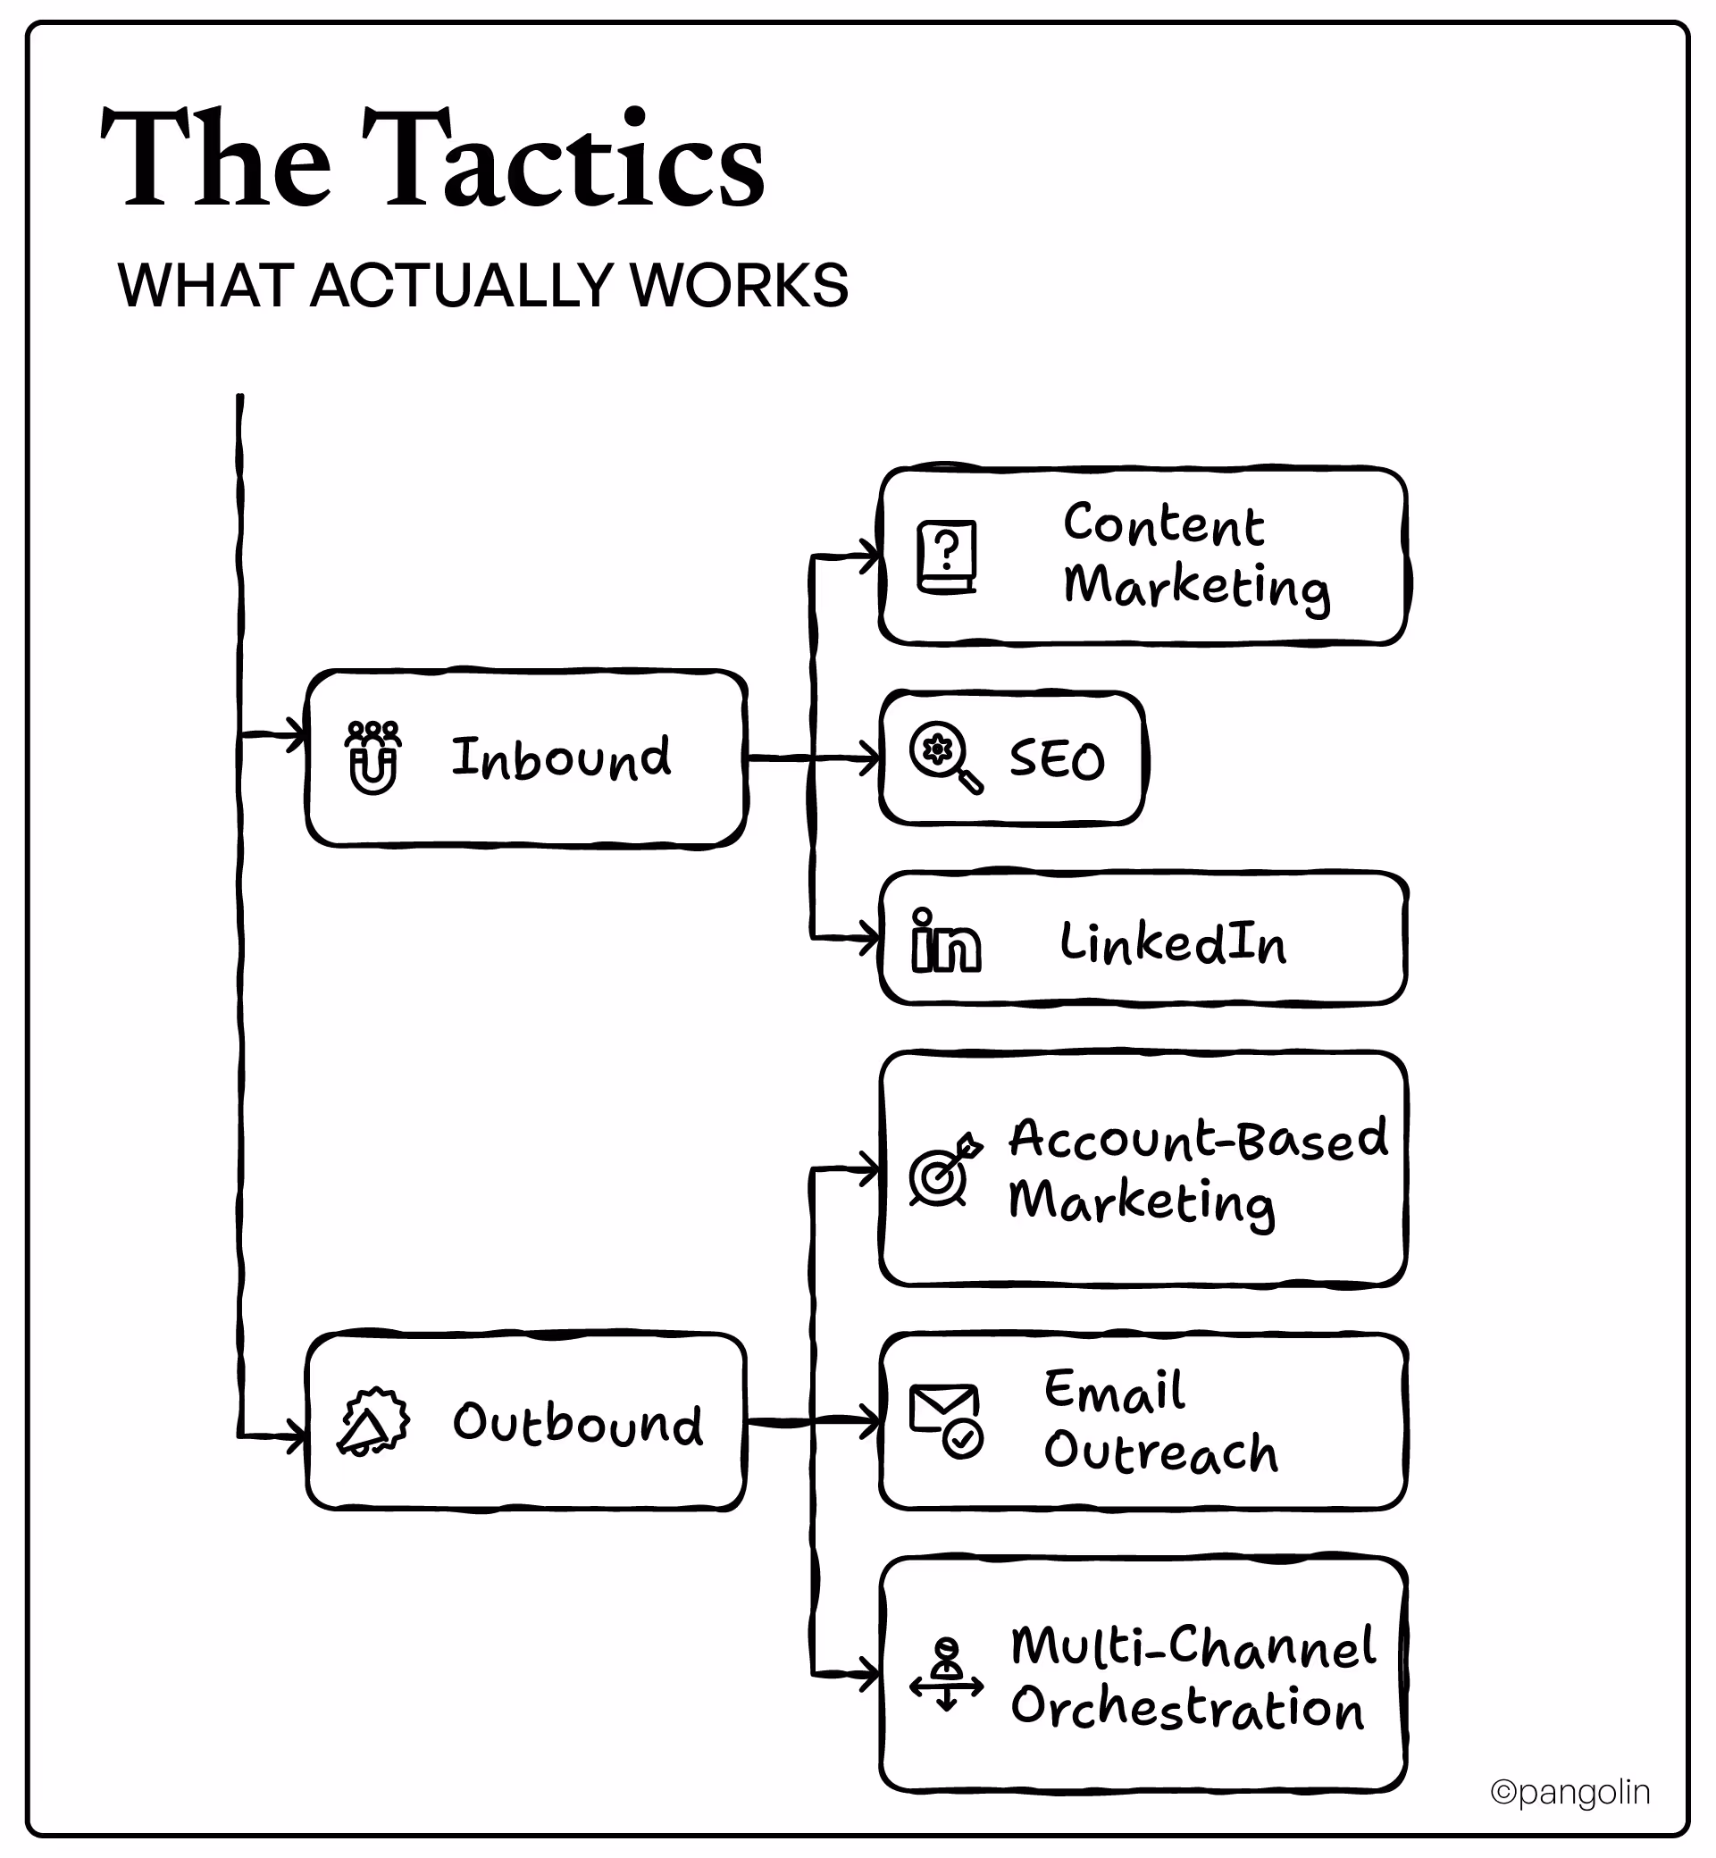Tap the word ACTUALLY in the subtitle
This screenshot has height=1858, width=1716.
(468, 285)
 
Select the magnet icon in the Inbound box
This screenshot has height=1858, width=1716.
(373, 757)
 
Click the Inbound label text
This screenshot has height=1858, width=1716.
(560, 757)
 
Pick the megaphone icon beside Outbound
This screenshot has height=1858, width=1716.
(372, 1421)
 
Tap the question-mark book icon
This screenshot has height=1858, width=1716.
(946, 557)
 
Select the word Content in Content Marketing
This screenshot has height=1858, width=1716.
(1162, 524)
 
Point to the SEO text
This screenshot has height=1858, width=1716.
(1057, 759)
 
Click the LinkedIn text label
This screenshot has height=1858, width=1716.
(1173, 942)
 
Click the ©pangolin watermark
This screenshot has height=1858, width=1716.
(1570, 1792)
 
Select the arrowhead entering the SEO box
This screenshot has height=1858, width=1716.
(869, 758)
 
